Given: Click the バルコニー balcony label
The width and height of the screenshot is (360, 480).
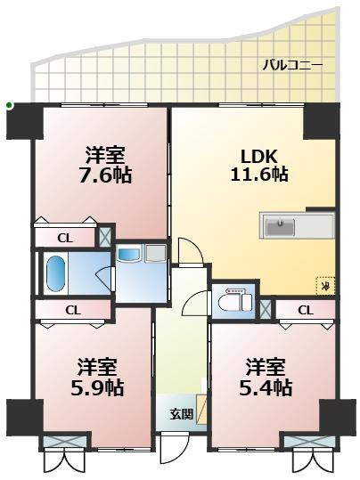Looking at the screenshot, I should click(x=292, y=65).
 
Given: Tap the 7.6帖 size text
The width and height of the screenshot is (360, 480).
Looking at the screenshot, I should click(x=105, y=175).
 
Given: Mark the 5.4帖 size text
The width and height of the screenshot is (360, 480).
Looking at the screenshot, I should click(x=268, y=388).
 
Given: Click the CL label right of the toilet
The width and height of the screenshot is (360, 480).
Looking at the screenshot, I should click(x=305, y=310).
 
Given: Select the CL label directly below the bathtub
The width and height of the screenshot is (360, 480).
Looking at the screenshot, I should click(x=73, y=310).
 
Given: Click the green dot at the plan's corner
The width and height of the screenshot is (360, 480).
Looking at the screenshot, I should click(x=9, y=106).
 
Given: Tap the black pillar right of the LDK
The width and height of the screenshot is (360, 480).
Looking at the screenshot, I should click(x=319, y=120).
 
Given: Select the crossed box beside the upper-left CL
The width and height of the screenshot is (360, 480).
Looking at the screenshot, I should click(x=105, y=238).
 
